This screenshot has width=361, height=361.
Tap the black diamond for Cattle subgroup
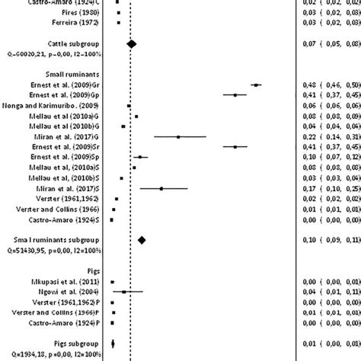click(131, 45)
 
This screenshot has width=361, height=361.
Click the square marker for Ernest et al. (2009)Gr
click(256, 85)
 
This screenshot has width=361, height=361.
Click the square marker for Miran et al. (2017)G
click(178, 137)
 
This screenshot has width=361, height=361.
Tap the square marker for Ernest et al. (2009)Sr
click(235, 147)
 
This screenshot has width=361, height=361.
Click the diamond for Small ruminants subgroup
click(141, 240)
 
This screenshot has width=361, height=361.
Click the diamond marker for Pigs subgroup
click(113, 343)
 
